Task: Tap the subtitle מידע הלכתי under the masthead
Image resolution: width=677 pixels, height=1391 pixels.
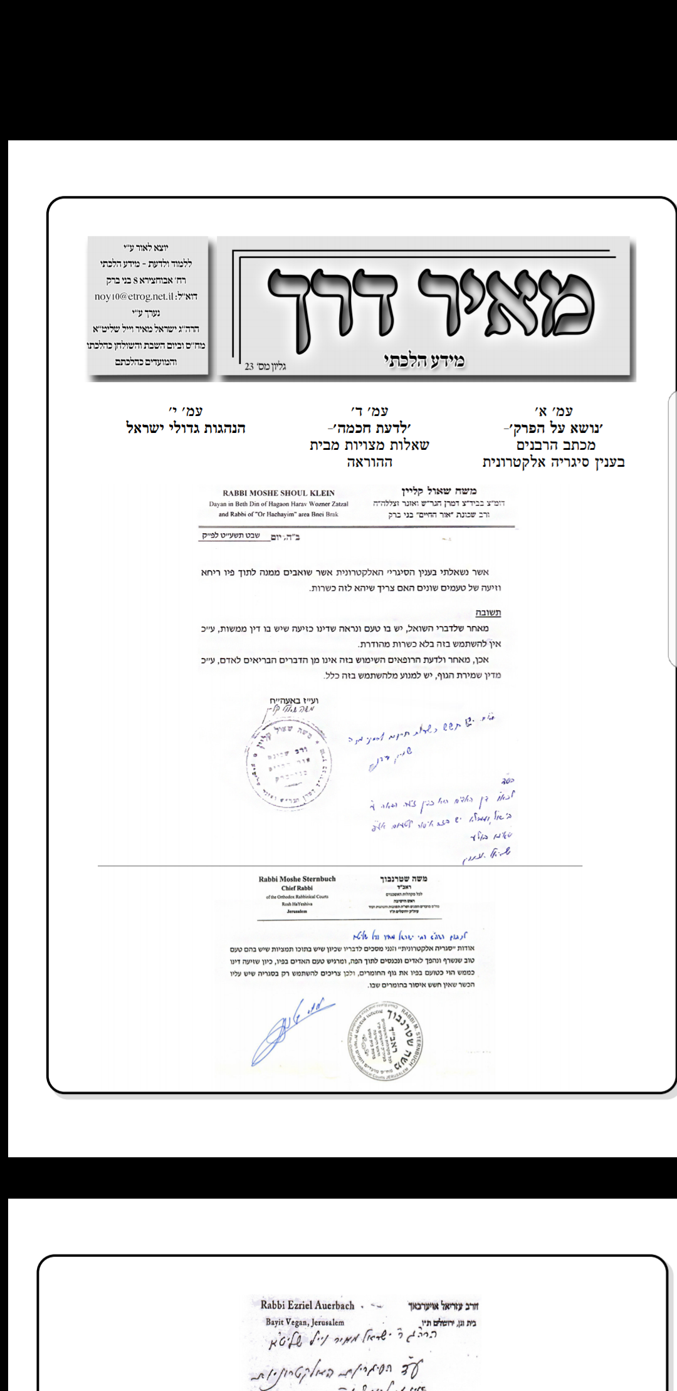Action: pos(424,360)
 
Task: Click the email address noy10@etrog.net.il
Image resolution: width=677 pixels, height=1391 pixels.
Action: pos(145,296)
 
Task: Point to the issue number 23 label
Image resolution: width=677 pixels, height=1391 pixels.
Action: pos(265,366)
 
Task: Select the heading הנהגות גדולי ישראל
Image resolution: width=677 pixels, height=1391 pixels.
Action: pos(186,429)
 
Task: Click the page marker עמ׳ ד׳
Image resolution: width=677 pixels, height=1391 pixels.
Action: pos(369,412)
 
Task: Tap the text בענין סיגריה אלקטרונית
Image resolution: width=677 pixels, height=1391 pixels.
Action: pos(554,462)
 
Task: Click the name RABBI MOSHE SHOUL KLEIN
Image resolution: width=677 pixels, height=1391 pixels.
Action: pos(278,493)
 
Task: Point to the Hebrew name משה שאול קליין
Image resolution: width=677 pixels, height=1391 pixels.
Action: pos(439,492)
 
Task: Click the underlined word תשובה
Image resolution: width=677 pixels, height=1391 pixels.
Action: pos(488,613)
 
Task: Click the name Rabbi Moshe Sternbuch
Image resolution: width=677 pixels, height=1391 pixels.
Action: pos(297,879)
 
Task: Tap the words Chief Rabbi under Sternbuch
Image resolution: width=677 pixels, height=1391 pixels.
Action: pos(297,888)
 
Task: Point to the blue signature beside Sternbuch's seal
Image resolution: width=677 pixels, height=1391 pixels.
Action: pos(291,1028)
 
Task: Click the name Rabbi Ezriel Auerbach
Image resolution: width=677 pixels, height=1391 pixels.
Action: pos(307,1305)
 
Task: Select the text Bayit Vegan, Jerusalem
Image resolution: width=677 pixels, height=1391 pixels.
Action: pos(305,1322)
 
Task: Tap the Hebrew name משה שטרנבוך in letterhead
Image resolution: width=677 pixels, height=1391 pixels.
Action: pos(404,879)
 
